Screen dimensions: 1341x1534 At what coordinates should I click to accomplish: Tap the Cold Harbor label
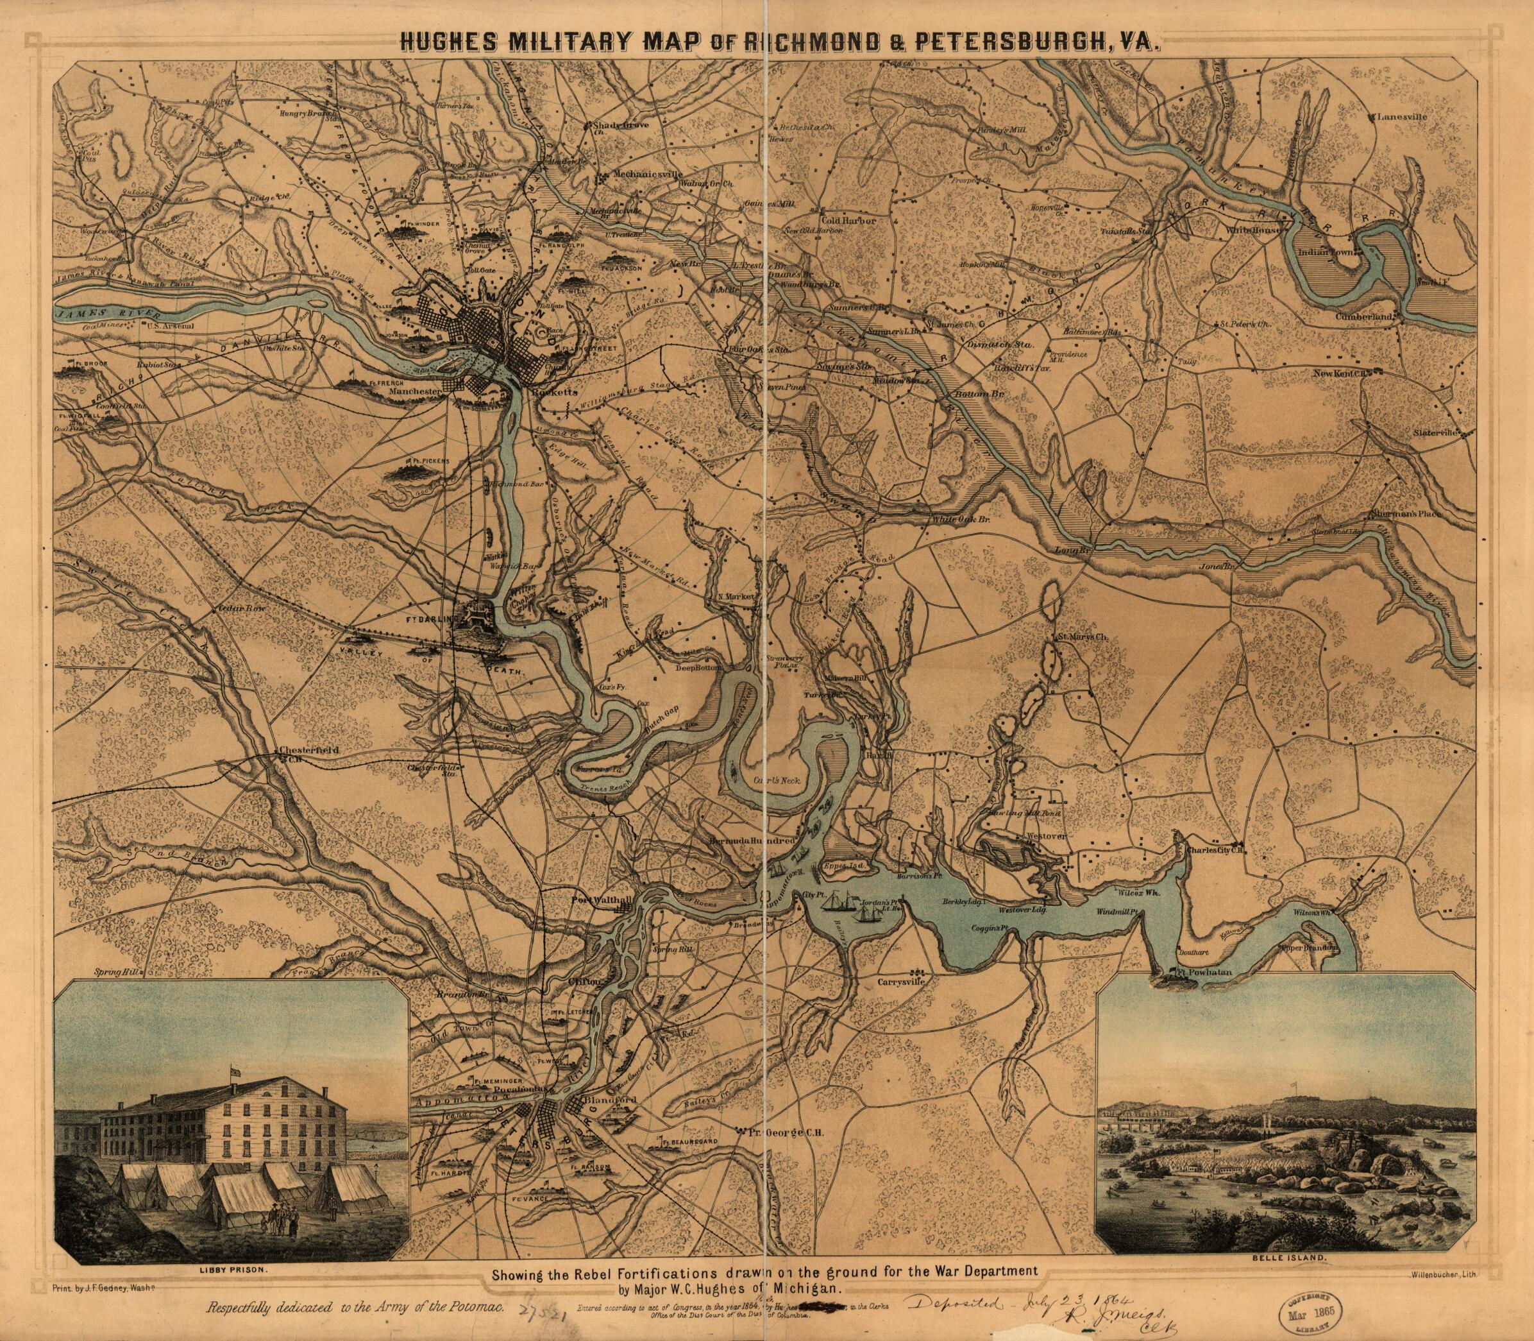847,221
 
